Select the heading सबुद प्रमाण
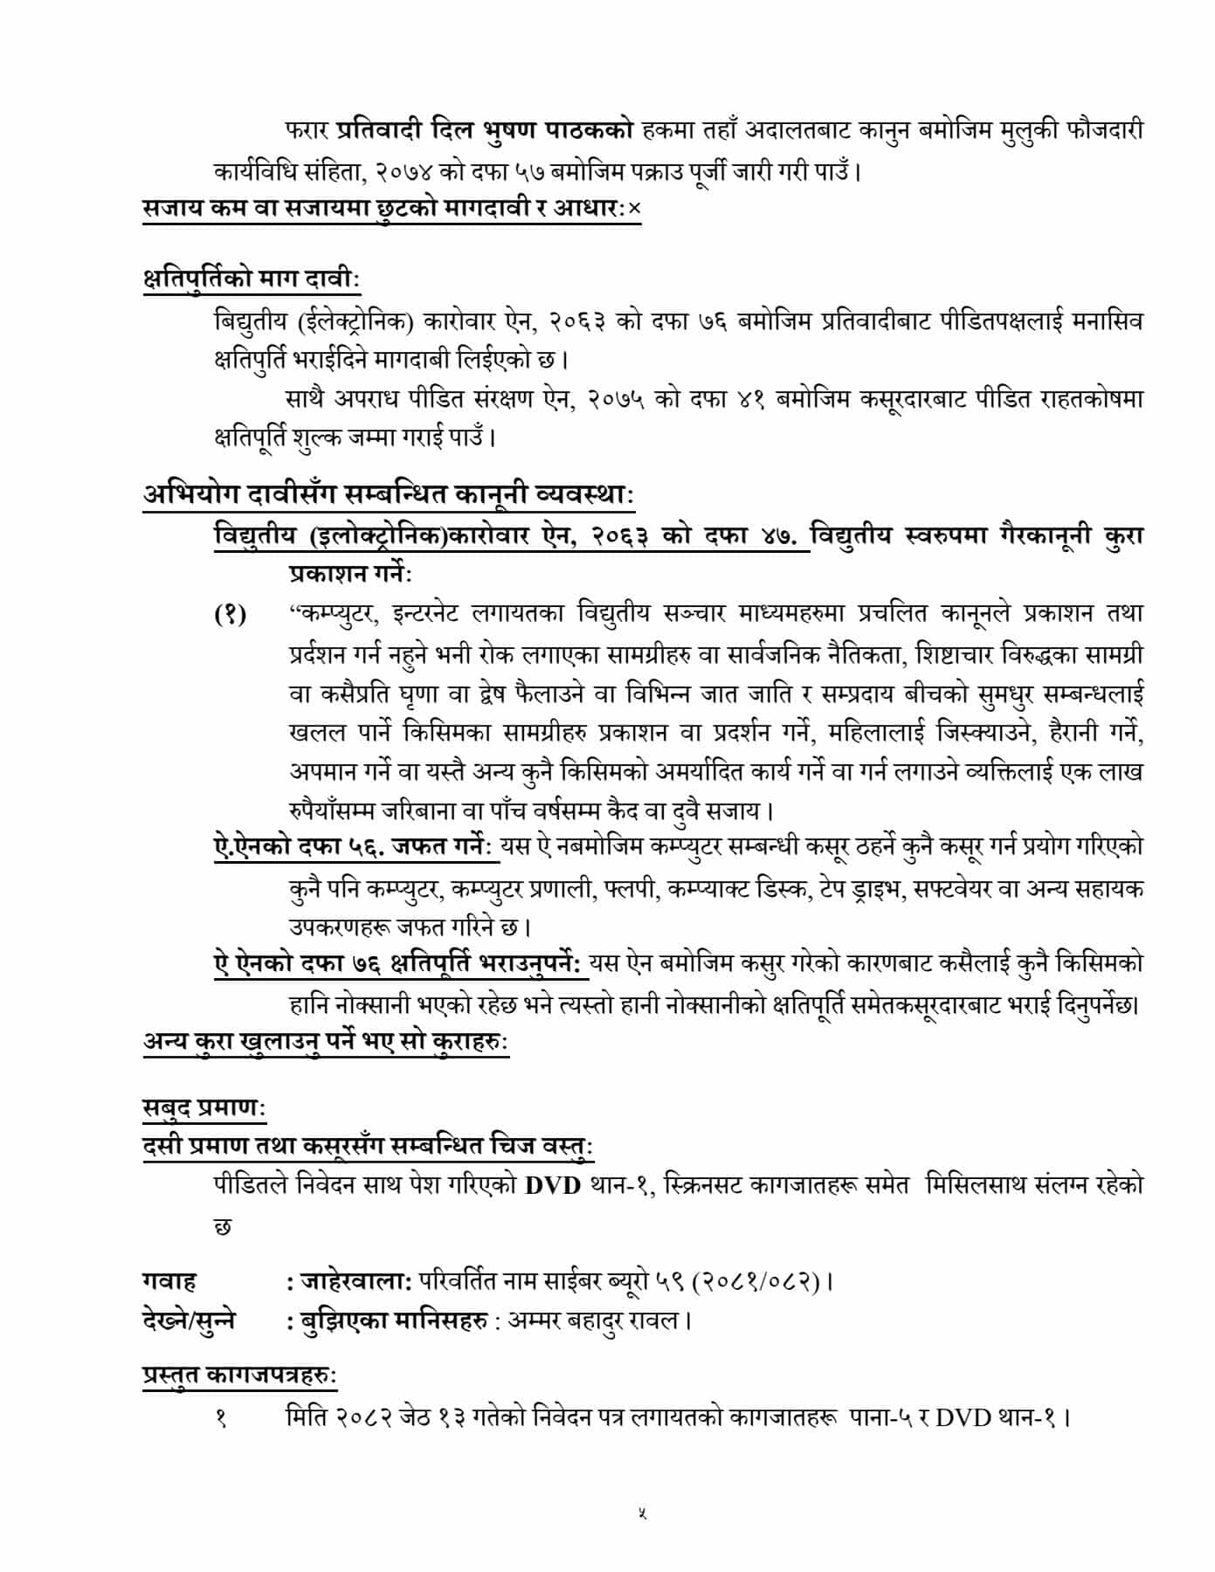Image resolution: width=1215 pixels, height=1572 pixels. [204, 1107]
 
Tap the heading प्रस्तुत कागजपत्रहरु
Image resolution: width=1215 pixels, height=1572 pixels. [239, 1375]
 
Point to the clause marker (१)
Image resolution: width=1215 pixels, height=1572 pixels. [230, 614]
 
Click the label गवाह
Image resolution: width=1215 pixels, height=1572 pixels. [169, 1281]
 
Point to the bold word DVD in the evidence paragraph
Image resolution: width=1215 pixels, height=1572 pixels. [553, 1187]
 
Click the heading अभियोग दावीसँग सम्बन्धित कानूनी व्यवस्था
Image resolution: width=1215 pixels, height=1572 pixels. [390, 494]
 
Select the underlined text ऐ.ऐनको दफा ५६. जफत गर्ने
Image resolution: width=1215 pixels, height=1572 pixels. [354, 845]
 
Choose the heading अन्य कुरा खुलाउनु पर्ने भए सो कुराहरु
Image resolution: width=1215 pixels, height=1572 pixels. [326, 1042]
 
